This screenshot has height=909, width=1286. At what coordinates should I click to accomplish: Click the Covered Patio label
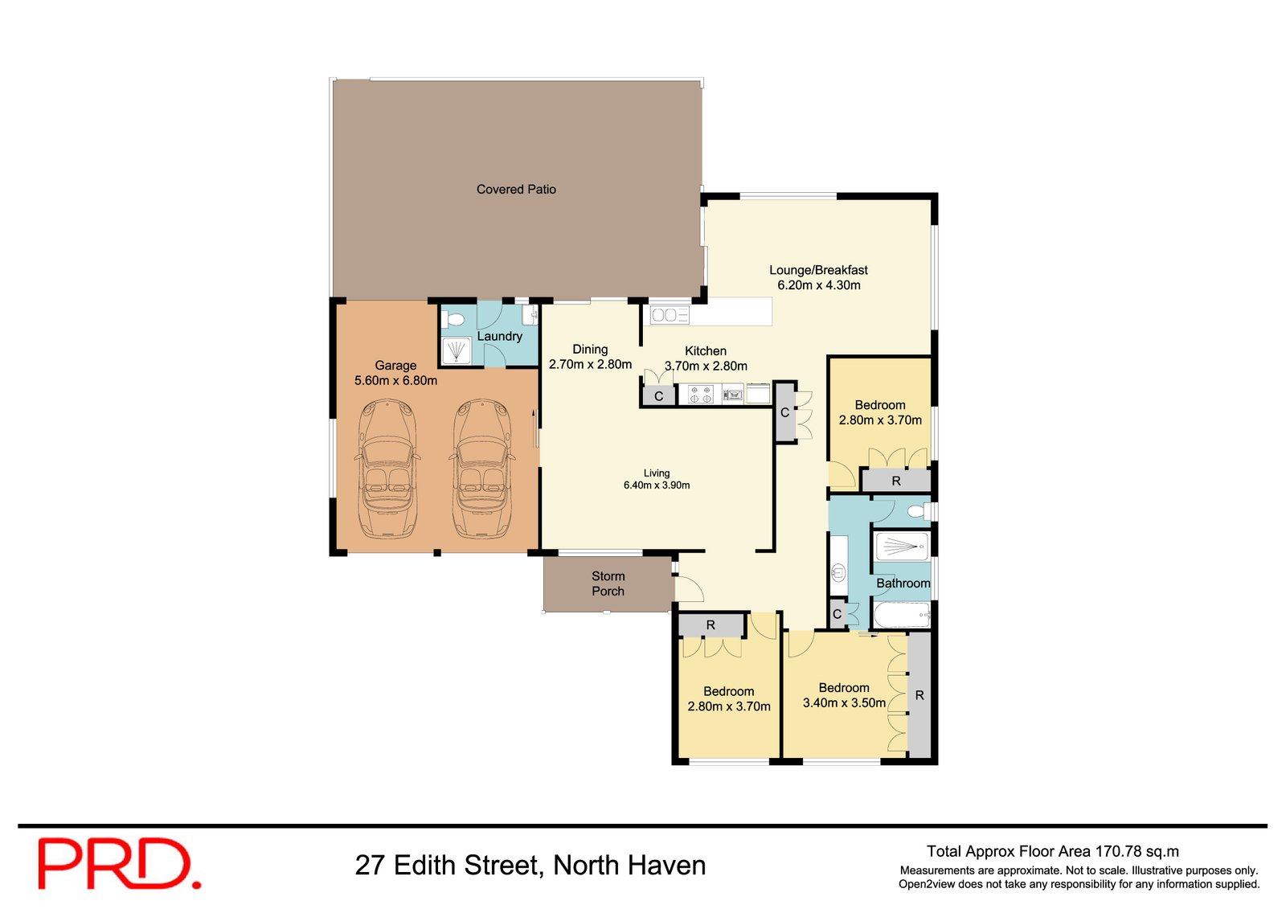(516, 190)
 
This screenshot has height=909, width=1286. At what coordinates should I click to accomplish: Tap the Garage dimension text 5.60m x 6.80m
(395, 381)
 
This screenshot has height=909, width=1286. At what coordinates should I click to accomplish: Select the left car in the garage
(387, 470)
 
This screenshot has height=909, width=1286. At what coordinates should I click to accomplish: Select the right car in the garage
(481, 470)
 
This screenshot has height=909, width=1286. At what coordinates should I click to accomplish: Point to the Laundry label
(499, 337)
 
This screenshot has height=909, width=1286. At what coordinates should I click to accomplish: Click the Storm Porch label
(608, 583)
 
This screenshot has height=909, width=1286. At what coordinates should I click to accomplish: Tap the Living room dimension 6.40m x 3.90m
(656, 485)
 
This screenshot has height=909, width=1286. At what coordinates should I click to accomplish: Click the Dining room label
(590, 350)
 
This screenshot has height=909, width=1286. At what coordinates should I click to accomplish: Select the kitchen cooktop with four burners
(700, 395)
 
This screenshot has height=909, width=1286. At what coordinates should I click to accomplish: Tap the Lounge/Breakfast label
(818, 271)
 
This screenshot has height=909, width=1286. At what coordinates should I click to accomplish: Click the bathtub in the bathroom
(901, 616)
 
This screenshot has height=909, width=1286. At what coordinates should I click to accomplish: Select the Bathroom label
(903, 583)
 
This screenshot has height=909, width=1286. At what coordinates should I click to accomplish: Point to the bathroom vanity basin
(838, 572)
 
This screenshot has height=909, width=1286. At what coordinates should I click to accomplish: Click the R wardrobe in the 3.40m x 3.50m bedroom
(919, 695)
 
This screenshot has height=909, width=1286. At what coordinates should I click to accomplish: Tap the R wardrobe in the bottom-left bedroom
(711, 625)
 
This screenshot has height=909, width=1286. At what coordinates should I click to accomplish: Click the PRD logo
(118, 864)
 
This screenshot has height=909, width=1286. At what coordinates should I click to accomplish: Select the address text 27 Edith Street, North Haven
(530, 866)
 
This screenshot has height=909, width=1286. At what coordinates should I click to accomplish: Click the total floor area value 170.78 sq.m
(1137, 852)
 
